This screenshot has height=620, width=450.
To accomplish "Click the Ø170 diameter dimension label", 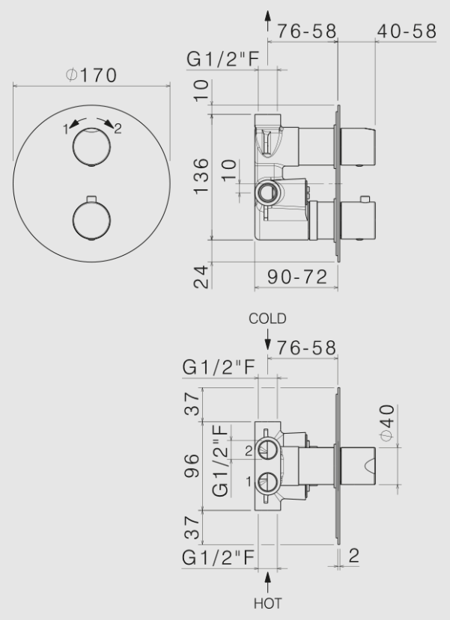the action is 91,75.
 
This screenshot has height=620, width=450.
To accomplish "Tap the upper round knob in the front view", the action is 91,147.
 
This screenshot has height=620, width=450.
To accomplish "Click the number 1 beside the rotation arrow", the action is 66,129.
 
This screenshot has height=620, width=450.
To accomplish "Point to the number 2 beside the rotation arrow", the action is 118,129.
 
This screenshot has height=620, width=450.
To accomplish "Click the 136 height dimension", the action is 201,176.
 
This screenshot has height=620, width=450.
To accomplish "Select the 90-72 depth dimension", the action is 297,277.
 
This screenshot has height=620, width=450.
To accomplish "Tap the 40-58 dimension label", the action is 407,31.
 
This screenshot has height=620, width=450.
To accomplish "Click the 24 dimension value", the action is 201,277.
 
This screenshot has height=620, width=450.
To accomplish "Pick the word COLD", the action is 267,319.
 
